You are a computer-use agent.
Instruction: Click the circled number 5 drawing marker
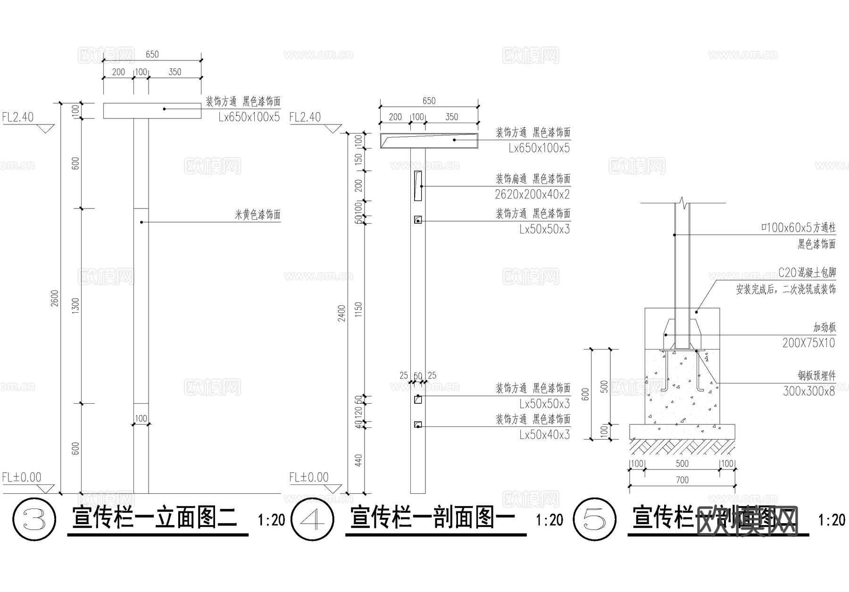(594, 519)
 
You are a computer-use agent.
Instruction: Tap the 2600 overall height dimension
(55, 298)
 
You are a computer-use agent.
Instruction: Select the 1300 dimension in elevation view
(75, 306)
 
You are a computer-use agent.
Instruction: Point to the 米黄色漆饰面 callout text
(258, 215)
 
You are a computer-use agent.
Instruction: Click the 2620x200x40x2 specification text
(532, 194)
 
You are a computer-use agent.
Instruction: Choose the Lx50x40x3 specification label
(544, 435)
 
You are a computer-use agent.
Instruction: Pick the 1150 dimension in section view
(358, 309)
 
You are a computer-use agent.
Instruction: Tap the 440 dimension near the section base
(358, 460)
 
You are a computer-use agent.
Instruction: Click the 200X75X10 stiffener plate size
(808, 343)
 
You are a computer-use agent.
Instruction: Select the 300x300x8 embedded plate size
(808, 391)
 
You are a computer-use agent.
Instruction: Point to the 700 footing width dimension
(682, 480)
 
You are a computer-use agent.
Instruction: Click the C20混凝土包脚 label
(807, 273)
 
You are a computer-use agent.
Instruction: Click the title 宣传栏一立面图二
(154, 518)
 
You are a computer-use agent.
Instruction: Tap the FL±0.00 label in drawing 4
(309, 477)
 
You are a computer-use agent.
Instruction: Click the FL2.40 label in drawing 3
(18, 117)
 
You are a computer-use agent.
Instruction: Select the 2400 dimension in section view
(341, 314)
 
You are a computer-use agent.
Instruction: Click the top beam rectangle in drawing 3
(152, 111)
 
